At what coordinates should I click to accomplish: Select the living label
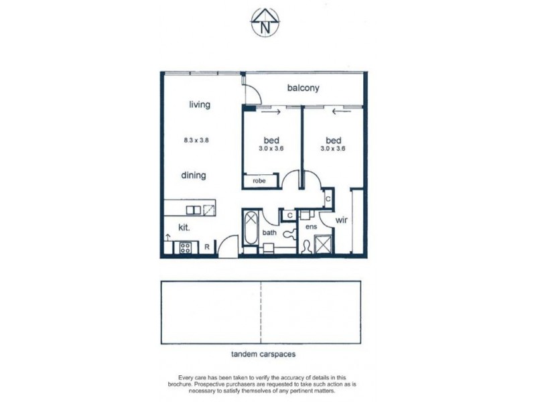pos(200,105)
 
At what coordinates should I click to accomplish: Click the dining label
pos(193,176)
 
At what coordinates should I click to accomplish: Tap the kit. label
pos(184,228)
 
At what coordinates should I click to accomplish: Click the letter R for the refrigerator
pos(208,247)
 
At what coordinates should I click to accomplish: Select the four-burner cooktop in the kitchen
pos(184,248)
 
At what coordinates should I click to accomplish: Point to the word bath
pos(270,232)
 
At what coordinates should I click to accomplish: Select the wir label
pos(340,220)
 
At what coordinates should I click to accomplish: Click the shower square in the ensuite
pos(324,245)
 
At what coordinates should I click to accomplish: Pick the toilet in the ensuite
pos(307,245)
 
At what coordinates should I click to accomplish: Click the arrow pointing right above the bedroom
pos(270,113)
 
